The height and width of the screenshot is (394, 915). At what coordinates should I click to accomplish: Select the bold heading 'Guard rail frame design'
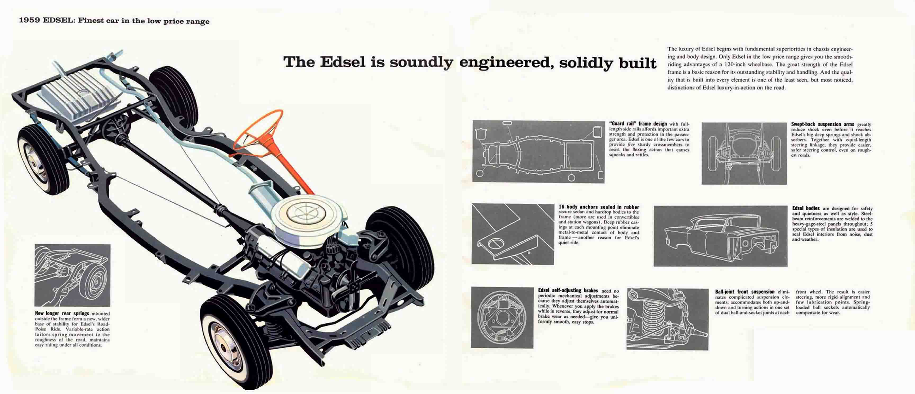coord(638,124)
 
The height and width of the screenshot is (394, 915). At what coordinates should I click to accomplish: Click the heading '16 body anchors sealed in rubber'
coord(599,207)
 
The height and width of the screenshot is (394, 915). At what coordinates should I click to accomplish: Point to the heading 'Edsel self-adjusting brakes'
coord(568,290)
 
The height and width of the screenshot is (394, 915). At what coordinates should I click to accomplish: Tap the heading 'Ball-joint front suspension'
coord(744,291)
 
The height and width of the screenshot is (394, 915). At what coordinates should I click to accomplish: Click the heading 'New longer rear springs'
coord(62,313)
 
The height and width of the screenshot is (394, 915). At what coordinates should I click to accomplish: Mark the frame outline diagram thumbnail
coord(538,152)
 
